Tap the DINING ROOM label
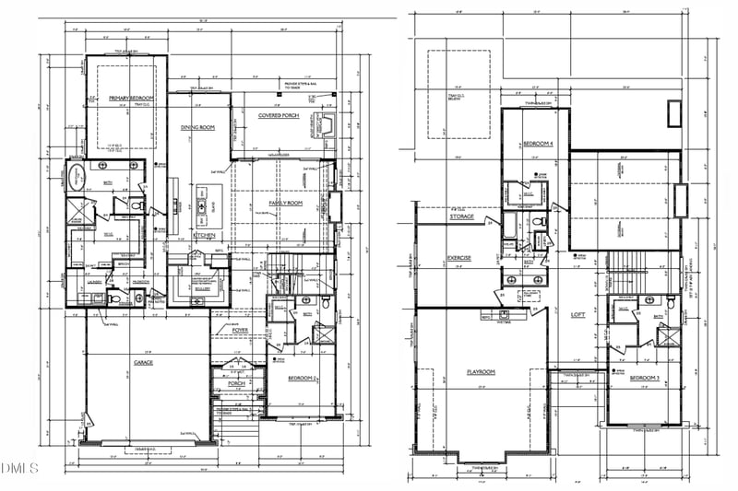pyautogui.click(x=197, y=128)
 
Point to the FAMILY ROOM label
pyautogui.click(x=286, y=203)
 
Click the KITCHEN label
pyautogui.click(x=204, y=235)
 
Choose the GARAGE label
pyautogui.click(x=142, y=362)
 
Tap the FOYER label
pyautogui.click(x=240, y=329)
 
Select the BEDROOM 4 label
pyautogui.click(x=538, y=144)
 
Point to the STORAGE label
pyautogui.click(x=462, y=217)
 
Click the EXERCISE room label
pyautogui.click(x=459, y=257)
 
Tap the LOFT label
pyautogui.click(x=579, y=314)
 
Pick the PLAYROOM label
pyautogui.click(x=481, y=371)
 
